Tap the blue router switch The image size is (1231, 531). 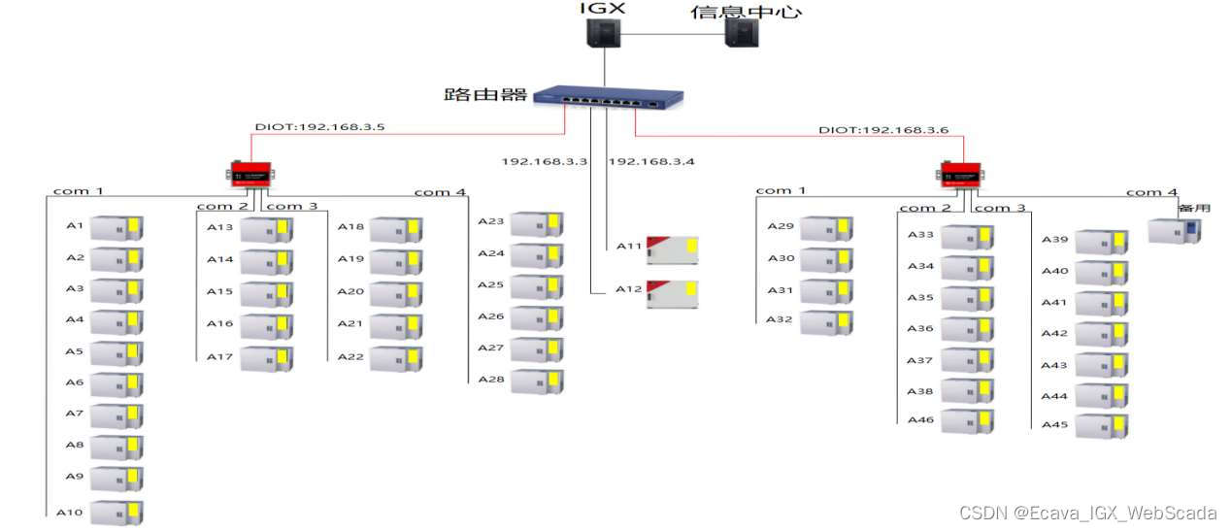pos(610,96)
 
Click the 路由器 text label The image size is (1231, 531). pos(484,94)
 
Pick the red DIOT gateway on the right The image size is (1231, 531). pos(960,174)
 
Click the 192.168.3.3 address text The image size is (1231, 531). pos(545,161)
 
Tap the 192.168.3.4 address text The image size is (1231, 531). pos(652,161)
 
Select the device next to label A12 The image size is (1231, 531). pos(673,292)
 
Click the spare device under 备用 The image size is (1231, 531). pos(1174,231)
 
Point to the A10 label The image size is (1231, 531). pos(69,512)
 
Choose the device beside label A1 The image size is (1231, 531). pos(116,229)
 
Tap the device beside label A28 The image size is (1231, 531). pos(537,381)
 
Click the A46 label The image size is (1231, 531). pos(920,420)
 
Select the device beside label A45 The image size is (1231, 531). pos(1102,426)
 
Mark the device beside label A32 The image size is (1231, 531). pos(826,322)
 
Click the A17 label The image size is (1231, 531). pos(220,356)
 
